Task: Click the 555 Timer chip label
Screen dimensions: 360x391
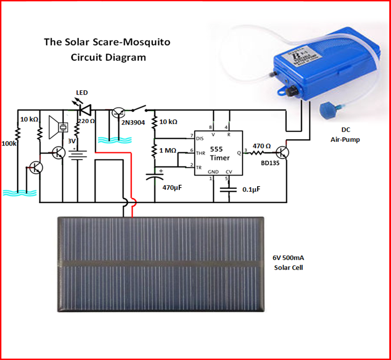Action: point(220,153)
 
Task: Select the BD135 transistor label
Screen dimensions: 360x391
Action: point(270,164)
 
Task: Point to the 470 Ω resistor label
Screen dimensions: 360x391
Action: point(262,145)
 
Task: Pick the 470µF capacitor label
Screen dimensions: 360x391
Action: point(172,188)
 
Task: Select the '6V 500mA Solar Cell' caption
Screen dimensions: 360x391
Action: point(288,263)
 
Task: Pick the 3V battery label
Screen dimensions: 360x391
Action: point(71,140)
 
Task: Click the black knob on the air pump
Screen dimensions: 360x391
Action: point(292,92)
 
